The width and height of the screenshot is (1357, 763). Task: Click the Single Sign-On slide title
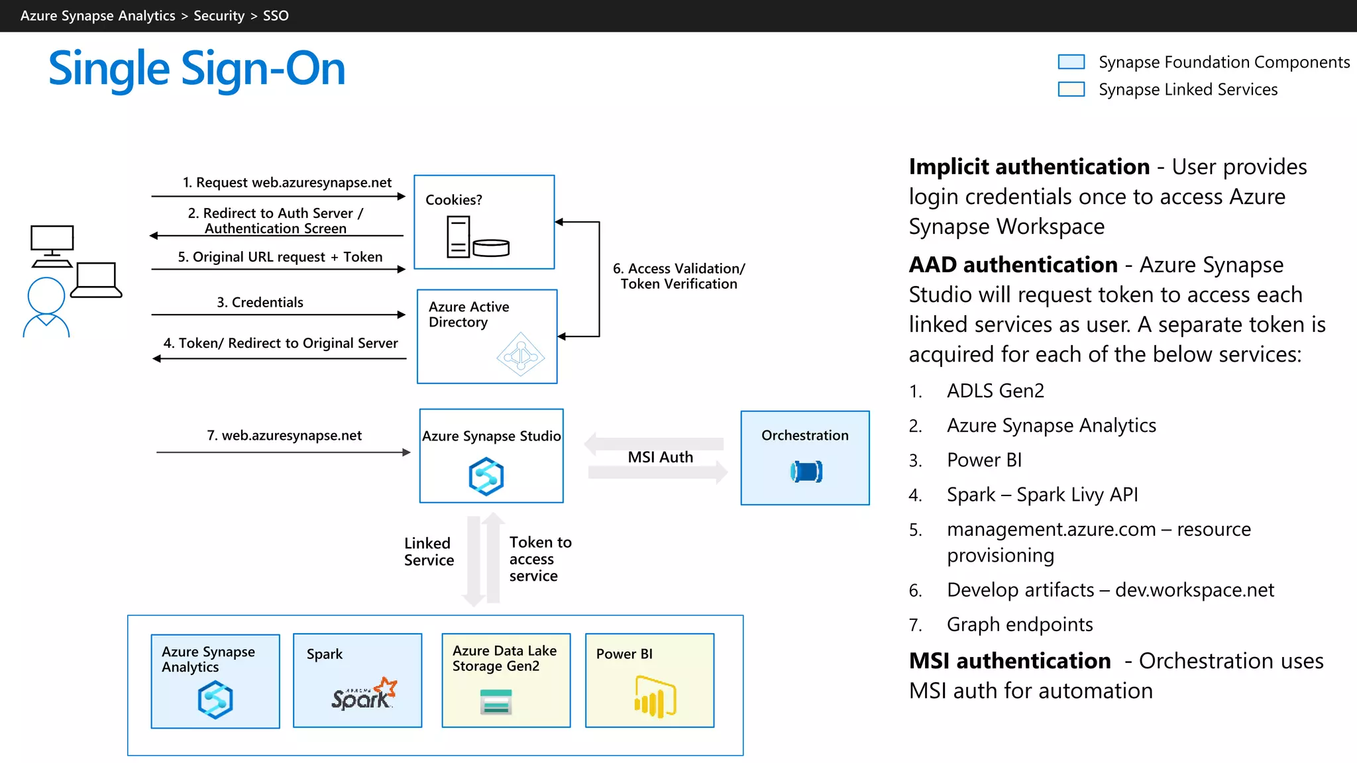click(197, 69)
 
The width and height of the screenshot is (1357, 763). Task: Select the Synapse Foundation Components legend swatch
click(1071, 62)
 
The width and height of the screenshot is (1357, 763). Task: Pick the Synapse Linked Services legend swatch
click(1071, 89)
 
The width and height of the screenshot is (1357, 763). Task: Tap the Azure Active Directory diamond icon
click(521, 355)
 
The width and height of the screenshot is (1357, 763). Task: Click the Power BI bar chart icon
click(654, 697)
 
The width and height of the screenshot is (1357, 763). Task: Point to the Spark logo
click(364, 695)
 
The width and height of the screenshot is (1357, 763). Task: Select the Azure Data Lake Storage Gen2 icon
click(496, 702)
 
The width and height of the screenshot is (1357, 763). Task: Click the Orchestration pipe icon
click(806, 472)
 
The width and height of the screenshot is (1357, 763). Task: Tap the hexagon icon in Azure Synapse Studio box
click(486, 476)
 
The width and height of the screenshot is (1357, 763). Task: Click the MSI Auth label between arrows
click(660, 457)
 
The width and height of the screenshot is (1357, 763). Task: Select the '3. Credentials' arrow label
click(260, 303)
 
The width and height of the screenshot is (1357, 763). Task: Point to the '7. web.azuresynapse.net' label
click(284, 435)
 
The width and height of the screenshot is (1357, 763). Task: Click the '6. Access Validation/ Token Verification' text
click(678, 276)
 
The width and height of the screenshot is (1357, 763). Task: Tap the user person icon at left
click(46, 307)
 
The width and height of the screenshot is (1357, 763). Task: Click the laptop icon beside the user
click(97, 280)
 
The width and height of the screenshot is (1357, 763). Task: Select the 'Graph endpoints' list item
click(1019, 625)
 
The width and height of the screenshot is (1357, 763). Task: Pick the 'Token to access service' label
click(539, 559)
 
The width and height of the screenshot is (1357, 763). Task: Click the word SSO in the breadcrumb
click(276, 16)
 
